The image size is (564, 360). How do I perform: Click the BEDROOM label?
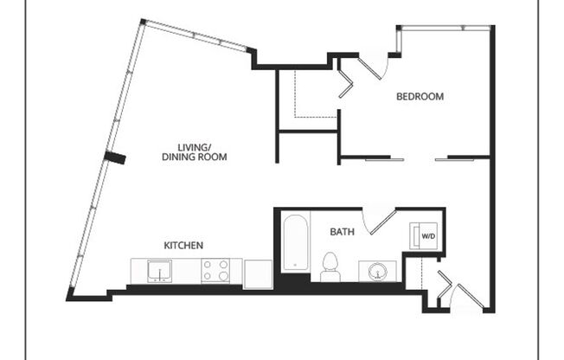(420, 97)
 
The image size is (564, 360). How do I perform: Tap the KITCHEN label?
(183, 246)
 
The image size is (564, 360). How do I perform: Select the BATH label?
(341, 232)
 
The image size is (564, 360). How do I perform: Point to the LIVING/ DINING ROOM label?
(194, 152)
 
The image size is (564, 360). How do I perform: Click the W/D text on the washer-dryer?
(428, 235)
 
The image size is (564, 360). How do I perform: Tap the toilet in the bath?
(330, 267)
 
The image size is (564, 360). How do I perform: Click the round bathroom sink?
(378, 272)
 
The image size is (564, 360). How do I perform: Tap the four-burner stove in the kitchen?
(215, 271)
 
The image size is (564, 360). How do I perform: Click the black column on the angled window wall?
(114, 157)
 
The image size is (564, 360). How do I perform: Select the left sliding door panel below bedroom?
(384, 158)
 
